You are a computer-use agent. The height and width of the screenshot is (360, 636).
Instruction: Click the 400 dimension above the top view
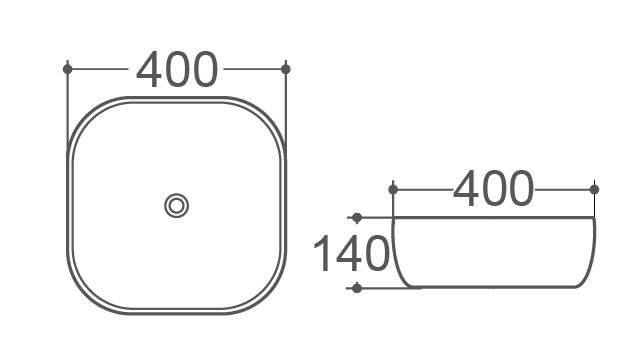click(x=177, y=69)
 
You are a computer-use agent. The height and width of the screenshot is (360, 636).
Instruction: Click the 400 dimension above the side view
click(x=493, y=189)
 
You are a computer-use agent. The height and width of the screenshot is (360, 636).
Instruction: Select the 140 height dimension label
click(x=351, y=254)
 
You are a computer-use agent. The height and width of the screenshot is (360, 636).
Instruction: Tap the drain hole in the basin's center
click(x=176, y=206)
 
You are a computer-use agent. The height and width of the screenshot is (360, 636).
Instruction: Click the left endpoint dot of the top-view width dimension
click(x=67, y=69)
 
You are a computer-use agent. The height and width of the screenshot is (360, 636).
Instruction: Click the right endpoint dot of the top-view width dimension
click(x=286, y=69)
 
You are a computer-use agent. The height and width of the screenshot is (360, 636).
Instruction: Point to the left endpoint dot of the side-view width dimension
click(x=393, y=189)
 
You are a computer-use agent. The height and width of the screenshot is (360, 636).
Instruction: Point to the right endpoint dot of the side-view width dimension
click(x=594, y=189)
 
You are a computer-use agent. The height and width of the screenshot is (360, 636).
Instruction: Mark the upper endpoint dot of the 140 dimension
click(x=357, y=218)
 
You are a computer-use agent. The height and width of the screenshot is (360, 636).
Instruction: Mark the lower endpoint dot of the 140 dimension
click(x=357, y=288)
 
